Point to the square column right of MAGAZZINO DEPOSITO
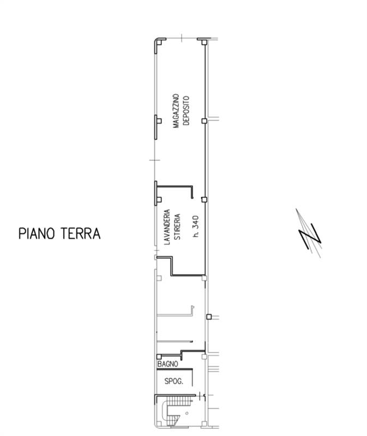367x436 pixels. click(204, 121)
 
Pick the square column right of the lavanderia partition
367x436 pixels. click(204, 199)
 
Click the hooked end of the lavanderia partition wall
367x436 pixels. click(192, 192)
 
